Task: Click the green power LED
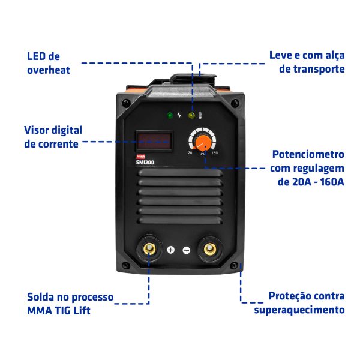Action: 170,115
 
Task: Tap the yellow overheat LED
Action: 191,115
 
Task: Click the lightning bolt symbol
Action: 179,115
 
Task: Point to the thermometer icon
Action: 200,115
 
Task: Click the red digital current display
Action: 154,141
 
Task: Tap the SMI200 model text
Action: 145,163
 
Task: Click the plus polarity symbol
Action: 171,250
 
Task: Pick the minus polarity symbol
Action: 187,250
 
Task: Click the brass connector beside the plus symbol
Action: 149,248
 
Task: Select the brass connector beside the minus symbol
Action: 210,248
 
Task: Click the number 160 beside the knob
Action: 215,153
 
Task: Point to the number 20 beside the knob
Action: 190,152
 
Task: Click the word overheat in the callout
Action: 49,70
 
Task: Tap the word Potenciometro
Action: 308,154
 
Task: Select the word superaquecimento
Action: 299,310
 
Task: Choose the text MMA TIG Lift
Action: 59,311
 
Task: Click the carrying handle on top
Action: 193,79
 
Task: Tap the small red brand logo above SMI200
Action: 140,157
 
